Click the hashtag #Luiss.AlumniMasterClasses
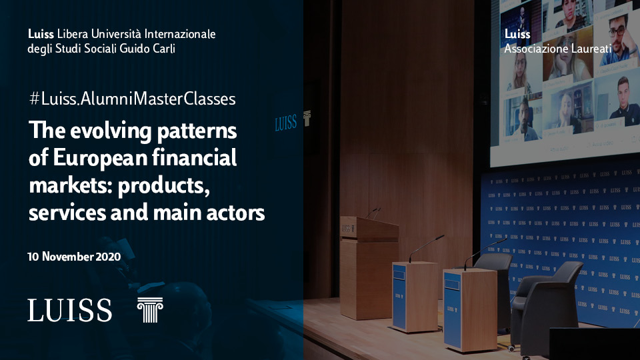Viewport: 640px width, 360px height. [x=132, y=99]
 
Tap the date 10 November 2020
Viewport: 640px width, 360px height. [x=74, y=256]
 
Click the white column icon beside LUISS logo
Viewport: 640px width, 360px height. [x=150, y=310]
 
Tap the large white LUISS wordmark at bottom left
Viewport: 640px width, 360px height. [x=70, y=310]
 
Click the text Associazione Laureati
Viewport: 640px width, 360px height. [x=558, y=49]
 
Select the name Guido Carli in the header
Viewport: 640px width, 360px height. [x=147, y=49]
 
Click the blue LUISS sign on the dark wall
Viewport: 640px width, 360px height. [x=285, y=123]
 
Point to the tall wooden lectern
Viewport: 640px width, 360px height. [x=369, y=267]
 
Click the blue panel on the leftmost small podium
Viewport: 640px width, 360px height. [x=399, y=297]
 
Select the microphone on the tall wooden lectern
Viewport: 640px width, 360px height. [x=373, y=213]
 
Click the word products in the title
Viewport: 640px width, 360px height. [x=163, y=186]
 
